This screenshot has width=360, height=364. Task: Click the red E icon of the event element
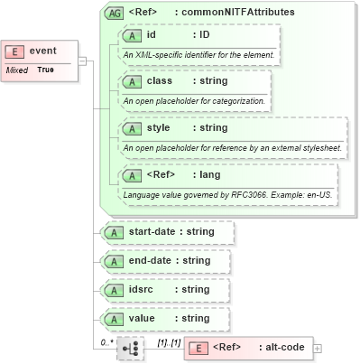(16, 51)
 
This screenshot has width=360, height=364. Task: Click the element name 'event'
(42, 51)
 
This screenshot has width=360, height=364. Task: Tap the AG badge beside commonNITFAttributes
(115, 13)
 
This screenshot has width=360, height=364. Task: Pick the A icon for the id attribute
(133, 35)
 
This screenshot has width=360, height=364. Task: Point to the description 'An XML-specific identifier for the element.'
(198, 54)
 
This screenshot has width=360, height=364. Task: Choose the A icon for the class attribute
(133, 81)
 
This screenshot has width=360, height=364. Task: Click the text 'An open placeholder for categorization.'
(194, 100)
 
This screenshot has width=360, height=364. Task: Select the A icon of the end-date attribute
(115, 261)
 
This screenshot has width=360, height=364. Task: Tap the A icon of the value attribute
(115, 319)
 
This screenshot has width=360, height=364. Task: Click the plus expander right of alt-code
(317, 348)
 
